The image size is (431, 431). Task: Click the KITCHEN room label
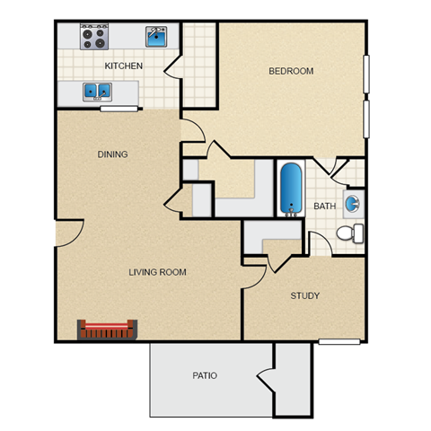(x=125, y=66)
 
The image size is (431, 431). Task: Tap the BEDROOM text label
(x=291, y=71)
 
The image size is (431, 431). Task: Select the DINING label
(x=112, y=154)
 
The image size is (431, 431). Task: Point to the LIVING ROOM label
(x=157, y=272)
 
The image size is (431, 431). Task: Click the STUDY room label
(x=305, y=295)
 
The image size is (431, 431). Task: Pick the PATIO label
(x=205, y=375)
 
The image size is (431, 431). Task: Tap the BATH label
(x=324, y=207)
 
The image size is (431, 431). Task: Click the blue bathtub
(x=291, y=189)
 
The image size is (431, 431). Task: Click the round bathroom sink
(x=353, y=202)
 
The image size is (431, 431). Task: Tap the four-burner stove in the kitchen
(x=93, y=38)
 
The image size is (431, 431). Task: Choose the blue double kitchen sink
(x=97, y=91)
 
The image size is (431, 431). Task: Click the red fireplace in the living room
(x=107, y=330)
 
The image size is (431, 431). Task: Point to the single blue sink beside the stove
(x=158, y=37)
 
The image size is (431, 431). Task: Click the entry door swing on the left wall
(x=68, y=233)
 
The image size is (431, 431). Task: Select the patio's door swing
(x=266, y=376)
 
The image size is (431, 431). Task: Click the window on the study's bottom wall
(x=340, y=341)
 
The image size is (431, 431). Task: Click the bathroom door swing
(x=325, y=167)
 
